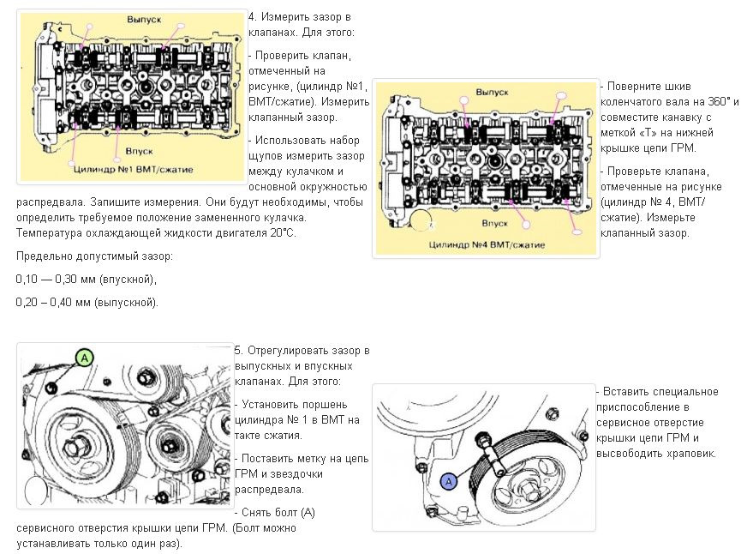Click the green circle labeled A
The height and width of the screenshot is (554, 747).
coord(84,358)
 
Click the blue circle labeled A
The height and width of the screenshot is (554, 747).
coord(448,482)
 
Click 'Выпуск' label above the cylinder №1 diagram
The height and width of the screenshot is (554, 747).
coord(143,18)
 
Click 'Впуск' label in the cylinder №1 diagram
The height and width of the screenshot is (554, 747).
coord(139,150)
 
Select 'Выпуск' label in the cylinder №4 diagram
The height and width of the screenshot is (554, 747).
coord(493,90)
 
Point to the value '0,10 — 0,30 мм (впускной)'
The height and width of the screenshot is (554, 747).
coord(86,280)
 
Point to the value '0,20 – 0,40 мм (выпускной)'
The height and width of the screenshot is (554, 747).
coord(87,303)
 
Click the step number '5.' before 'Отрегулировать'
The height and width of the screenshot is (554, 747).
coord(238,351)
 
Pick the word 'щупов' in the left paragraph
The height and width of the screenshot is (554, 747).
coord(266,155)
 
